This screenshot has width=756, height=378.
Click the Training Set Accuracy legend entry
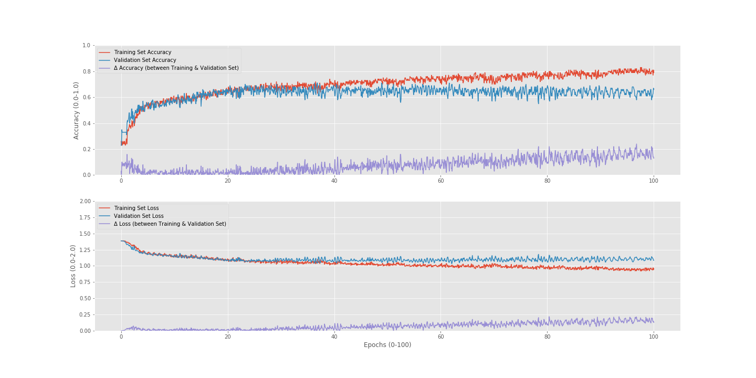click(142, 52)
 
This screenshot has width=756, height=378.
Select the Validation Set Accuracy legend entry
click(145, 60)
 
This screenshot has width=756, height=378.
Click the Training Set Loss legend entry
click(136, 208)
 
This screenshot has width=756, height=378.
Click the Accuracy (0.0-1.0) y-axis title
click(76, 110)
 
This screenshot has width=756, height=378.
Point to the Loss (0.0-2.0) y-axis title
click(73, 266)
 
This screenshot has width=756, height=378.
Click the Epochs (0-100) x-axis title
click(387, 345)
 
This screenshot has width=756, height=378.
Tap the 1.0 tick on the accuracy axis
click(86, 46)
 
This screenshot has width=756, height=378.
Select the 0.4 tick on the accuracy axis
click(86, 123)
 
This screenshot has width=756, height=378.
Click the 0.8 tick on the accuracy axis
click(86, 71)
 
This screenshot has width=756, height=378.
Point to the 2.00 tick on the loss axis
click(85, 202)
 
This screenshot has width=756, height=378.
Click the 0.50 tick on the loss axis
click(85, 299)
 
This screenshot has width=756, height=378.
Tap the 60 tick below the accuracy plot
click(440, 181)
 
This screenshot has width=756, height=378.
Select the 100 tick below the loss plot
click(654, 337)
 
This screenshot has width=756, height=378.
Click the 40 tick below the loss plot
click(334, 337)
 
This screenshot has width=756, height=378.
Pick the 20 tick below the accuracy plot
click(227, 181)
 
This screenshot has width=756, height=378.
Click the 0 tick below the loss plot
click(121, 337)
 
